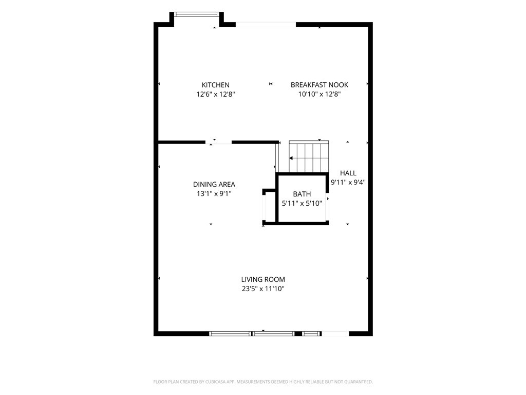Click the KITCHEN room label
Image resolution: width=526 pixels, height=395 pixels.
[215, 85]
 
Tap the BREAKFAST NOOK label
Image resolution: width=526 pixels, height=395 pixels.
[320, 85]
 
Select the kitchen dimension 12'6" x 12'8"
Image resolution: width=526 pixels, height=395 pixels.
[215, 94]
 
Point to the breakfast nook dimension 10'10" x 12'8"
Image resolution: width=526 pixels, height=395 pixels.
[320, 94]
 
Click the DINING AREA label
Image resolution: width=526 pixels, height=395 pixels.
[214, 185]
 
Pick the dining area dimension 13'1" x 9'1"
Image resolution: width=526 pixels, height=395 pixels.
[214, 193]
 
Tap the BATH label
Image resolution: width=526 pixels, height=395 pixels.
[302, 194]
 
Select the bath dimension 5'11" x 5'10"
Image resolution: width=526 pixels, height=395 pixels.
[302, 203]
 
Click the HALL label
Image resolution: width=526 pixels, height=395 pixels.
[348, 173]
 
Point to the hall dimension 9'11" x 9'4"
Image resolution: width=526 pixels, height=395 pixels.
[348, 183]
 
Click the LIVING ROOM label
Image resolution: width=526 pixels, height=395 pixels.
[263, 279]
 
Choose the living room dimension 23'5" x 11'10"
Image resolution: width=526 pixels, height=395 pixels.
[263, 289]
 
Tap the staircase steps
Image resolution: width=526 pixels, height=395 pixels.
[309, 156]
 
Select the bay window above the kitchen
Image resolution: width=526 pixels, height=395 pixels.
[196, 14]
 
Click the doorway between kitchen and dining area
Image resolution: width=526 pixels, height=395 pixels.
[218, 142]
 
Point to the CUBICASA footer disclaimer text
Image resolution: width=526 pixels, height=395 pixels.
[263, 382]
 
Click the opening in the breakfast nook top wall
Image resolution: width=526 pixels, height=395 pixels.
[266, 25]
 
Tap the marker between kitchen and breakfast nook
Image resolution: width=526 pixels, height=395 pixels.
[271, 84]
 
